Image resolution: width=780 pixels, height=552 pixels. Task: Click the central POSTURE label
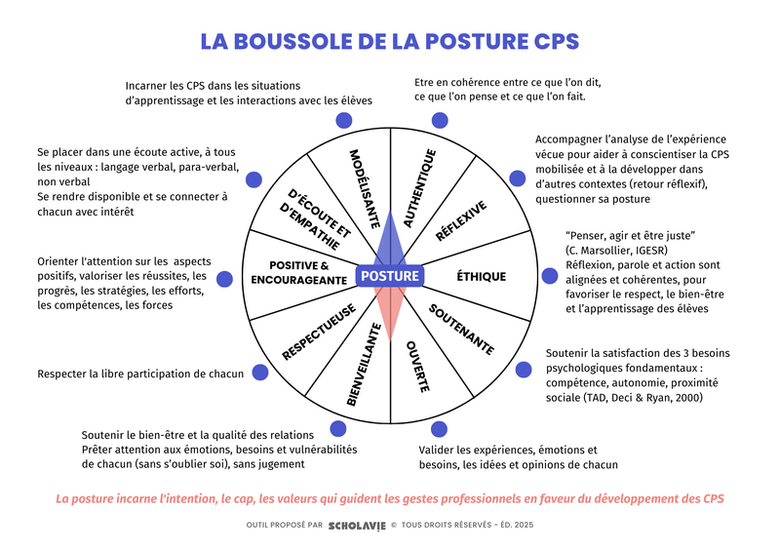pos(390,276)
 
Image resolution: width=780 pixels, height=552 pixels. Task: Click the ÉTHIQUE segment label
pos(482,276)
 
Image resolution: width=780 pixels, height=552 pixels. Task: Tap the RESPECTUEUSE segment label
pos(317,333)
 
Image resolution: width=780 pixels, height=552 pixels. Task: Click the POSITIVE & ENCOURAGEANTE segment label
pos(298,273)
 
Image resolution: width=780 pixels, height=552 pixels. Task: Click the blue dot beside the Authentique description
pos(440,121)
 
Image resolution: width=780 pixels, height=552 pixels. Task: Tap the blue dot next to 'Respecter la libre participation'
pos(260,372)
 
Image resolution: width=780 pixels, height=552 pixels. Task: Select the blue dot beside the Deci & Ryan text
pos(524,370)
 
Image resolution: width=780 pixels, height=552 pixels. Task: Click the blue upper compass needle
pos(390,234)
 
